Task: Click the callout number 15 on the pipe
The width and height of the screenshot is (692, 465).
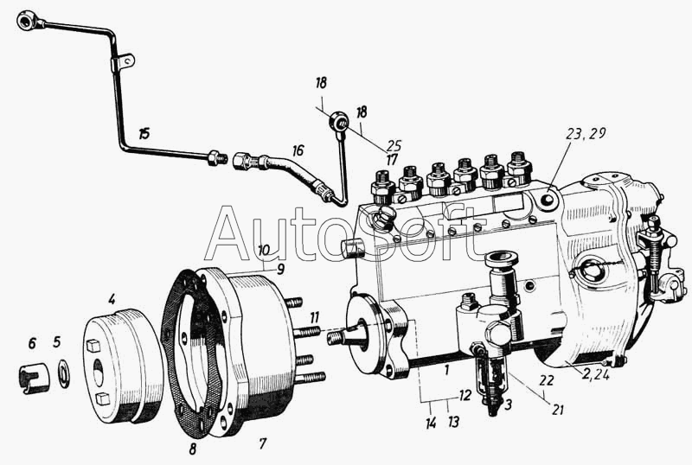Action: [x=144, y=133]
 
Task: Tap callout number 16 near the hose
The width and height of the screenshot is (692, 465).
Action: [x=298, y=150]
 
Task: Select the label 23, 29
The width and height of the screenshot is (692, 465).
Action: [x=586, y=134]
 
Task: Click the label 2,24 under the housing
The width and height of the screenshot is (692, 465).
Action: [x=595, y=374]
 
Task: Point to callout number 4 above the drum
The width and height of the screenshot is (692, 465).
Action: [x=112, y=300]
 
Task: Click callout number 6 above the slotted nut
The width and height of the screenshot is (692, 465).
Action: [x=32, y=343]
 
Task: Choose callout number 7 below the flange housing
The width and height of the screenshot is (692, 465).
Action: [x=263, y=443]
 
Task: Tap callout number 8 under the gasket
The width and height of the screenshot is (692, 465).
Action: [x=192, y=449]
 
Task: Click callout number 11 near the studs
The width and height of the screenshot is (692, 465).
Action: [x=314, y=318]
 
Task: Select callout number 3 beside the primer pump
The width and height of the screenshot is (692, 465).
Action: [x=509, y=404]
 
